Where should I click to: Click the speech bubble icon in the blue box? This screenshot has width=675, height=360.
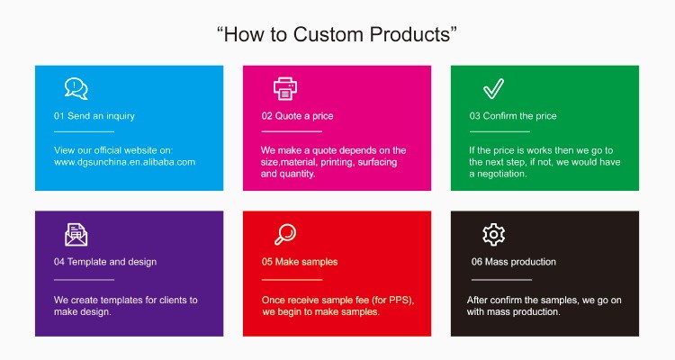(x=76, y=88)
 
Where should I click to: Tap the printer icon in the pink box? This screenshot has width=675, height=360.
(x=285, y=89)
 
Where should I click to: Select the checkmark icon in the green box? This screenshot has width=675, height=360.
(x=493, y=89)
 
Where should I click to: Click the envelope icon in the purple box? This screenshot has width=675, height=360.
(x=76, y=235)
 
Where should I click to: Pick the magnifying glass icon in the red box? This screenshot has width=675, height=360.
(x=285, y=235)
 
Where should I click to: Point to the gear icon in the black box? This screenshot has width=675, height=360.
(x=493, y=235)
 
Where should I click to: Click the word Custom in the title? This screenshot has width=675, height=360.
(x=328, y=34)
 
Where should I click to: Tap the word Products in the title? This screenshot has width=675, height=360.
(x=409, y=34)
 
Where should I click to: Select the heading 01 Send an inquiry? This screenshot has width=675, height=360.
(x=94, y=116)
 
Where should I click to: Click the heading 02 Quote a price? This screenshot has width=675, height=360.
(x=298, y=116)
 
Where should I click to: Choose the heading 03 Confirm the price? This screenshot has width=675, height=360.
(x=513, y=116)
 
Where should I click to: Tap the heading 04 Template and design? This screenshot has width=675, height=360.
(x=105, y=262)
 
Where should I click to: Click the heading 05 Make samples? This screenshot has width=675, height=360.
(x=300, y=262)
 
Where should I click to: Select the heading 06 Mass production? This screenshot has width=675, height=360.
(x=514, y=262)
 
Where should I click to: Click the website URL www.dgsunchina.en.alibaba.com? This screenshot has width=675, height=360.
(x=124, y=162)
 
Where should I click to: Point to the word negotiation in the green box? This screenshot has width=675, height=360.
(x=501, y=174)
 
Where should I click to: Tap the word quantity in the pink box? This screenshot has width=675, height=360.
(x=298, y=174)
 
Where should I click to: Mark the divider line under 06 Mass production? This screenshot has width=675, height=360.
(x=501, y=280)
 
